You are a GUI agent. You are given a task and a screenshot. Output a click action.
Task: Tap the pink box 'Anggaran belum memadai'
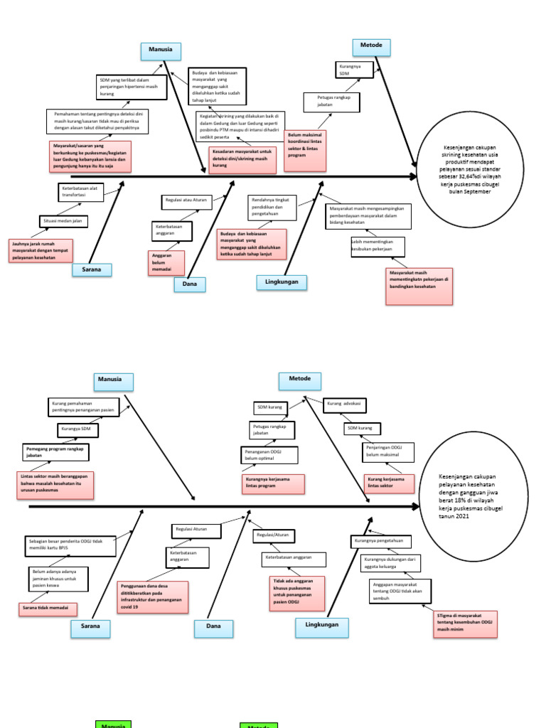pos(166,262)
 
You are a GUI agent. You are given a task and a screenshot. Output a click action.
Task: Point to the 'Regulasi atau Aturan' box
pos(186,200)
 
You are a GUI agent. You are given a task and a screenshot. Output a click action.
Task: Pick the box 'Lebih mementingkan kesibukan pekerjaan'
pos(377,246)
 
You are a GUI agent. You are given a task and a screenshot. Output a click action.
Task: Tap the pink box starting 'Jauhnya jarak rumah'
pos(42,250)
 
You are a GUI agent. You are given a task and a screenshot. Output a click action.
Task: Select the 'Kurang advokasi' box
pos(345,404)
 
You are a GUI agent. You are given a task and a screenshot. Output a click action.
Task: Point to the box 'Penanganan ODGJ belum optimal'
pos(269,455)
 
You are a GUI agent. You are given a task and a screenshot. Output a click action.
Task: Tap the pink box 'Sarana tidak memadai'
pos(48,609)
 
